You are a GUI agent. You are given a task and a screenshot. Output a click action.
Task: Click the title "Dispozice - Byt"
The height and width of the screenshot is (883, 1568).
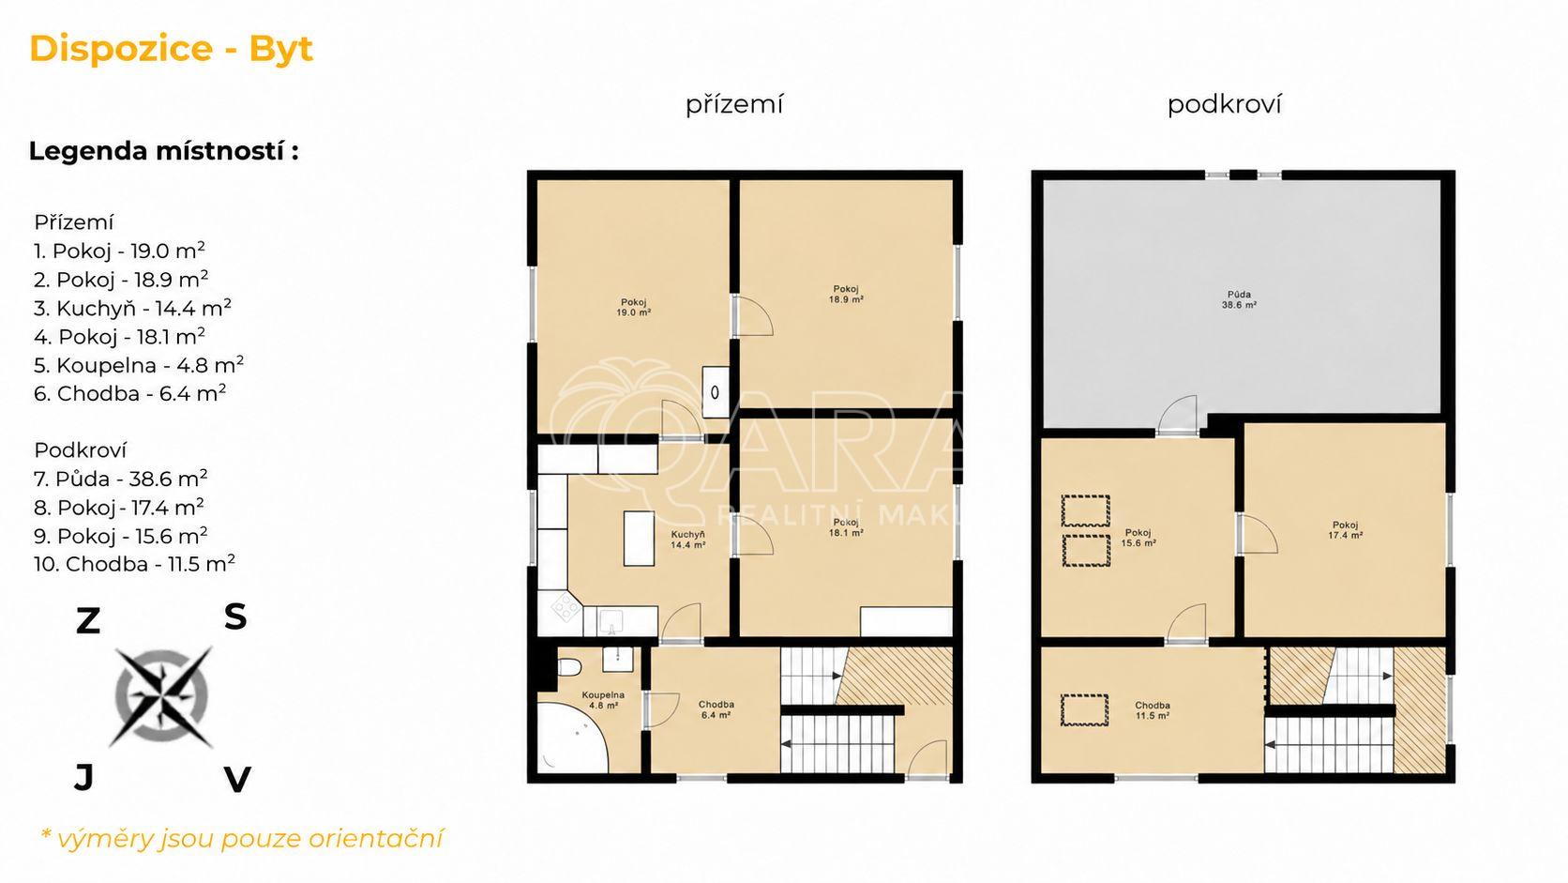pyautogui.click(x=172, y=50)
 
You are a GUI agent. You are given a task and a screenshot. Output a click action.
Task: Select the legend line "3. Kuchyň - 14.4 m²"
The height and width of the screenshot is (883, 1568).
pyautogui.click(x=132, y=308)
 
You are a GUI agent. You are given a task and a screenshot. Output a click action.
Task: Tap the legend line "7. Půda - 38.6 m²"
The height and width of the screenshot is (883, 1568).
pyautogui.click(x=120, y=479)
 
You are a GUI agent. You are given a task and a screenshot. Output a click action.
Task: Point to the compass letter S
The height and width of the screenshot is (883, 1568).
pyautogui.click(x=235, y=617)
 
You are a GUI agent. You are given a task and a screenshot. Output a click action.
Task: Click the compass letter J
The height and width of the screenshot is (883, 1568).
pyautogui.click(x=84, y=777)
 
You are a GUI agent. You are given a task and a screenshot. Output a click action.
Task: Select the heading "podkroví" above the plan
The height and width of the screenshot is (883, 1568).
pyautogui.click(x=1225, y=104)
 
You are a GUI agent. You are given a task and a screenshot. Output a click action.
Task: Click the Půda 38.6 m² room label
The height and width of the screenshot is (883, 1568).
pyautogui.click(x=1239, y=299)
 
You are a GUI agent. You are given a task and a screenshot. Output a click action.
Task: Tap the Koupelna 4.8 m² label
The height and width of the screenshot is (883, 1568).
pyautogui.click(x=603, y=700)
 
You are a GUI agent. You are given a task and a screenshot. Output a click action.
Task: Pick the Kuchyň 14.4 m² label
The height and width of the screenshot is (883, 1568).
pyautogui.click(x=687, y=540)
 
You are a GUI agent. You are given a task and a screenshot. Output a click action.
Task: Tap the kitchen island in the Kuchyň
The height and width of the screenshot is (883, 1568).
pyautogui.click(x=639, y=538)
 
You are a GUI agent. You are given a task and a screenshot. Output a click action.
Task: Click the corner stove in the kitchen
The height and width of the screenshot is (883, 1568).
pyautogui.click(x=565, y=607)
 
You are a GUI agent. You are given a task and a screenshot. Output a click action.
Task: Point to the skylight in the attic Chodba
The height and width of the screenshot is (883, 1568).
pyautogui.click(x=1084, y=710)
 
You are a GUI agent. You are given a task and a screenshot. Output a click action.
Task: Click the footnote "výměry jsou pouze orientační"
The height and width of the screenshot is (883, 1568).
pyautogui.click(x=249, y=839)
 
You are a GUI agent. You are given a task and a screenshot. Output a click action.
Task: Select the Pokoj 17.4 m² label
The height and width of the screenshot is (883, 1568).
pyautogui.click(x=1345, y=530)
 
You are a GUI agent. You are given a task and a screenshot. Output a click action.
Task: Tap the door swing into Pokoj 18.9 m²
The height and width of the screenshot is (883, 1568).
pyautogui.click(x=753, y=316)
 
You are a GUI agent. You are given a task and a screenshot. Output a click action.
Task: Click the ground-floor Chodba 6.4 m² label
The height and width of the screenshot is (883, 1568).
pyautogui.click(x=716, y=710)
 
